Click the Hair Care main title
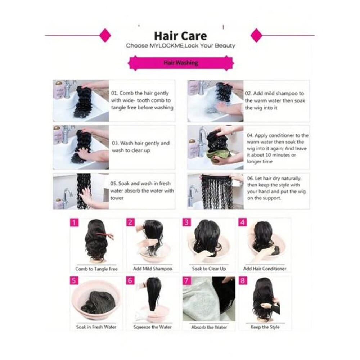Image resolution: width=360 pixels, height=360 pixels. [180, 36]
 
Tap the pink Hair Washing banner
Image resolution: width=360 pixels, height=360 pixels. [181, 63]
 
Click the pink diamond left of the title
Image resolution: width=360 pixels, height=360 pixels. [105, 35]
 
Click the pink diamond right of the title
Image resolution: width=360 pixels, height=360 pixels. [256, 35]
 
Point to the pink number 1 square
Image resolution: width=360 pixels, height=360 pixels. [74, 222]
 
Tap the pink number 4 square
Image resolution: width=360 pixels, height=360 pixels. [243, 222]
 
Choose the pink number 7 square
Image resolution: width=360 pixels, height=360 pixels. [186, 280]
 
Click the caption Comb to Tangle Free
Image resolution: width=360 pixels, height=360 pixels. [96, 269]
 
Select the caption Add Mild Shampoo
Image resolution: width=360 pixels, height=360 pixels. [153, 269]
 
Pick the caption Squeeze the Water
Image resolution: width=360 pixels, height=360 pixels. [152, 327]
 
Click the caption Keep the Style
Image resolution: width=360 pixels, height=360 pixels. [265, 327]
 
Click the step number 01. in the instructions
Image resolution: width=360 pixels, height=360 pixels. [114, 93]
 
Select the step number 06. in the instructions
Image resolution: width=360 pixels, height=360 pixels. [251, 179]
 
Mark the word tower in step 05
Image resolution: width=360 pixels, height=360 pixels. [117, 198]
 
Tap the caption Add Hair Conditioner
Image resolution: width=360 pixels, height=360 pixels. [265, 269]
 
